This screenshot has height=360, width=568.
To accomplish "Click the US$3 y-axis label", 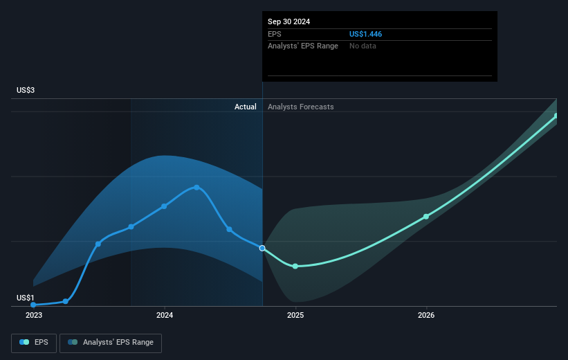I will (26, 91).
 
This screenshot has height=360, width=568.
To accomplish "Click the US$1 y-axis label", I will (26, 298).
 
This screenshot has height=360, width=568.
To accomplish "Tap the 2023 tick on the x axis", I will (33, 315).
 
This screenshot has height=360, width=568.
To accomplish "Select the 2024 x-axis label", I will (165, 315).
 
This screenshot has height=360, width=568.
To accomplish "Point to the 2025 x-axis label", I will (295, 315).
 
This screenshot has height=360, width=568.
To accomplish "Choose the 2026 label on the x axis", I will (426, 315).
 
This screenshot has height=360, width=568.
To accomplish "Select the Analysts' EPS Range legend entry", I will (111, 342).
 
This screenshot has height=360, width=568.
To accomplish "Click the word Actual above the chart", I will (245, 107).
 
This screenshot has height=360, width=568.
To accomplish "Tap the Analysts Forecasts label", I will (300, 107).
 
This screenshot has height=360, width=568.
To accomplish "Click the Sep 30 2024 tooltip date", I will (289, 21).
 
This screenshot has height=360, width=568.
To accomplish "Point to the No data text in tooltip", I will (363, 46).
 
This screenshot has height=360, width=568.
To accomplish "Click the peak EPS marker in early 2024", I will (196, 187).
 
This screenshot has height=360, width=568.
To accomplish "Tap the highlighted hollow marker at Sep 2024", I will (262, 248).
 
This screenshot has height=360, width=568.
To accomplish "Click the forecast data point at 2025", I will (295, 266).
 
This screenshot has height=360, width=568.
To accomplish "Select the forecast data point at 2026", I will (426, 217).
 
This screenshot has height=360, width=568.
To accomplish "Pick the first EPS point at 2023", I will (33, 305).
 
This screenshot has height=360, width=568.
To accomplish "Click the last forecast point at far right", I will (556, 116).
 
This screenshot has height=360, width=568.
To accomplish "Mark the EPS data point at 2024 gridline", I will (164, 206).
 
